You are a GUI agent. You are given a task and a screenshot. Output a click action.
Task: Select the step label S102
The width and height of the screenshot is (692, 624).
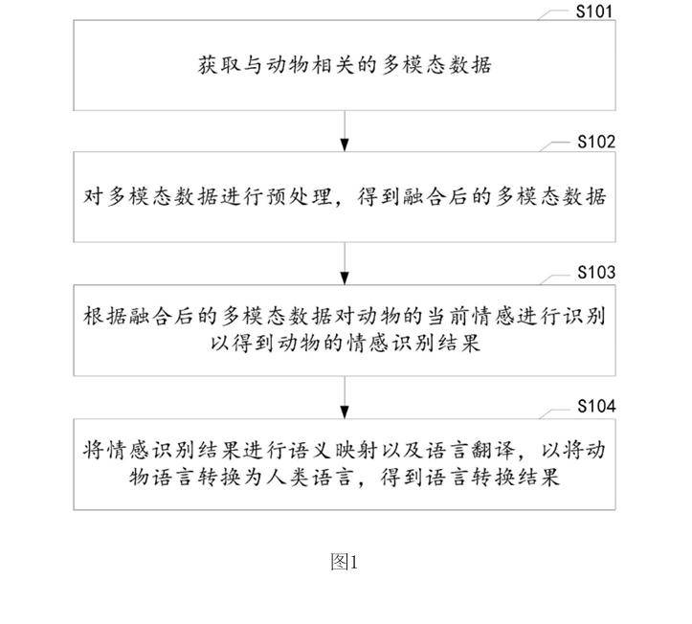pyautogui.click(x=594, y=143)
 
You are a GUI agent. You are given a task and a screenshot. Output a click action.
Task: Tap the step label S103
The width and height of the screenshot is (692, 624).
pyautogui.click(x=594, y=273)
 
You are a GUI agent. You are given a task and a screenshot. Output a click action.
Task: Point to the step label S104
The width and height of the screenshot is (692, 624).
pyautogui.click(x=594, y=406)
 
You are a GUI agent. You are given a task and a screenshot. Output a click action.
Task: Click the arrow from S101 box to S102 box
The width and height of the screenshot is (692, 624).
pyautogui.click(x=345, y=130)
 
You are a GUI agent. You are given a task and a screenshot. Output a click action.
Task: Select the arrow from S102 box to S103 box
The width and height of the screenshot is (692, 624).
pyautogui.click(x=345, y=261)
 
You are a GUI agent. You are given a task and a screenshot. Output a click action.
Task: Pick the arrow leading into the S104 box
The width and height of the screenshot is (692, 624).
pyautogui.click(x=345, y=394)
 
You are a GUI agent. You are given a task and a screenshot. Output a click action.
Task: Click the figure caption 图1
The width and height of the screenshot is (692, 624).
pyautogui.click(x=344, y=562)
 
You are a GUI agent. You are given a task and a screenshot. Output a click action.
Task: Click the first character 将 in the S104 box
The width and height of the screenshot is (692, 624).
pyautogui.click(x=92, y=451)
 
